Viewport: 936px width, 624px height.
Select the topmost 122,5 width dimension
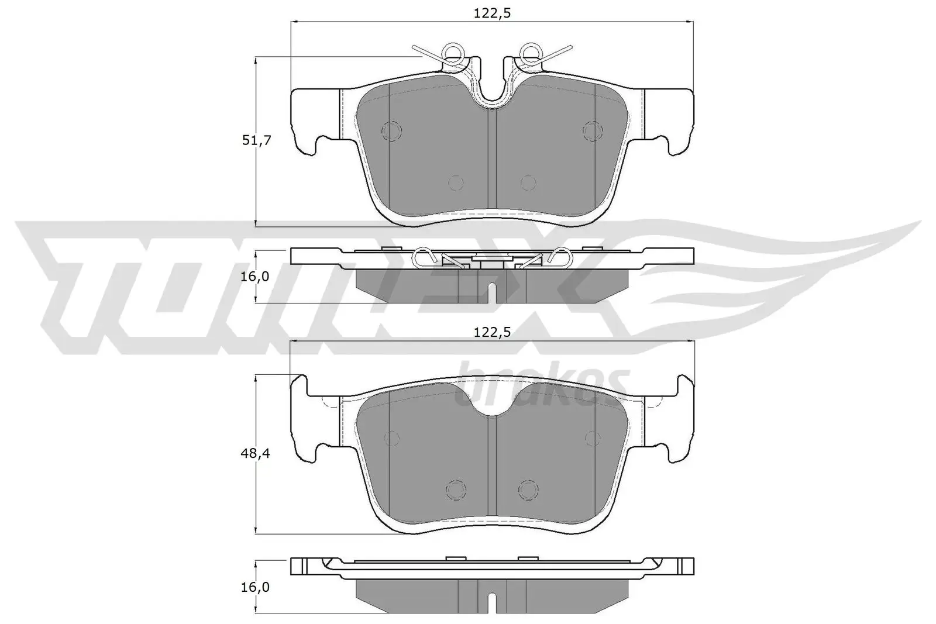tap(493, 13)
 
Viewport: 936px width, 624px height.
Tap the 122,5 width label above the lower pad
tap(493, 332)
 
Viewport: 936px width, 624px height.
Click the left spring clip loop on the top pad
tap(452, 53)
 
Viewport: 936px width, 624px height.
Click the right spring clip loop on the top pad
tap(531, 53)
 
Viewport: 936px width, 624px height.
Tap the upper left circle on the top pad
tap(390, 130)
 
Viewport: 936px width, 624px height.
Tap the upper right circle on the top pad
tap(593, 130)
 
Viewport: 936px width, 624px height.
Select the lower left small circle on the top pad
tap(456, 183)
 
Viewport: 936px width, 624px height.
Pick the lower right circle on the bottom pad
tap(528, 489)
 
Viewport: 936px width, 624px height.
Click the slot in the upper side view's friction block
tap(492, 291)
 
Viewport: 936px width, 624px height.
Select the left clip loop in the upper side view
tap(421, 256)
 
